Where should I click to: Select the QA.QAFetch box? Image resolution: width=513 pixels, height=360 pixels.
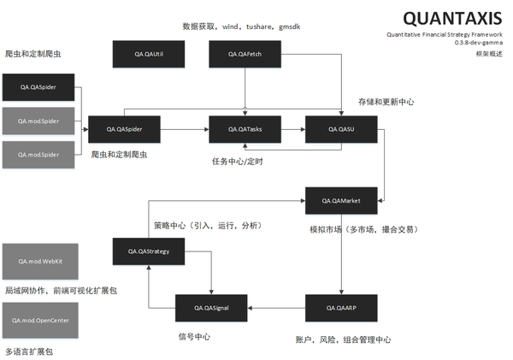pos(245,54)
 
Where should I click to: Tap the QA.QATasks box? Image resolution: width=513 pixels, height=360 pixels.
pos(245,128)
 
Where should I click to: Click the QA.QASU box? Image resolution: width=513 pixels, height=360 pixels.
pos(341,128)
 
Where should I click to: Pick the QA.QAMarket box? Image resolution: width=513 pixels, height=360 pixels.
pos(341,201)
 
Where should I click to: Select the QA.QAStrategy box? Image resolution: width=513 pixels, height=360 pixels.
pos(149,251)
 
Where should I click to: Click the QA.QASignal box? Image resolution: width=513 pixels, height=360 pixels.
pos(212,306)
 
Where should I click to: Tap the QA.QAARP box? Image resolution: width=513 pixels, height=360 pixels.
pos(341,306)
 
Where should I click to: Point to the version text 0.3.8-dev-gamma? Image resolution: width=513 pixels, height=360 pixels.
pos(479,44)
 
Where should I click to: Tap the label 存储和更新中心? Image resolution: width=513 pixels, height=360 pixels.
pos(386,102)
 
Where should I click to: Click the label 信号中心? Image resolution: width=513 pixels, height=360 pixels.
pos(194,336)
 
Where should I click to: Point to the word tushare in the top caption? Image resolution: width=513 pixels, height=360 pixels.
pos(262,27)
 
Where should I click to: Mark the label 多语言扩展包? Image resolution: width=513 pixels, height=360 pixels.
pos(30,351)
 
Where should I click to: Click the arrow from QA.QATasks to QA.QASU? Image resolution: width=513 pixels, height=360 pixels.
pos(292,128)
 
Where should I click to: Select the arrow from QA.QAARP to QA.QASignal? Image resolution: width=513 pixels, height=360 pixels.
pos(277,306)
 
